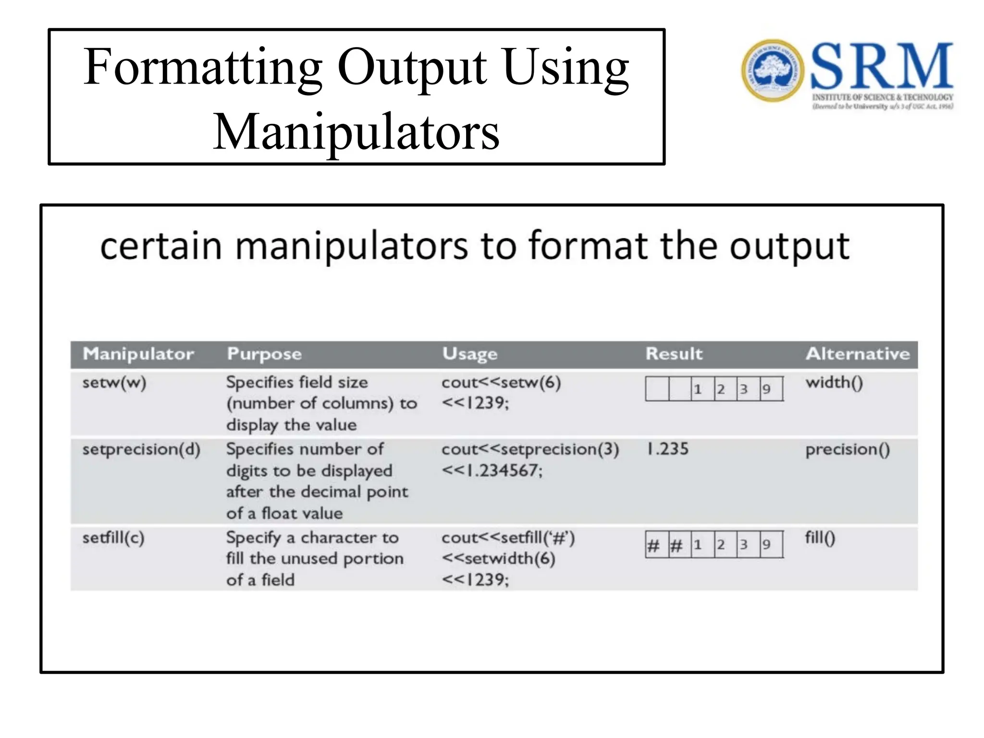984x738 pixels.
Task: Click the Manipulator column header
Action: coord(138,354)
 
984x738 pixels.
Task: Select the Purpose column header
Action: coord(264,354)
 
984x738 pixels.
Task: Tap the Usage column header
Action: coord(470,354)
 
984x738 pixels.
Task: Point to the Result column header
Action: coord(674,354)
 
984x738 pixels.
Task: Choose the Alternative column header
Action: coord(858,354)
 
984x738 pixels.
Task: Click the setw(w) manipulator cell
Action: coord(114,383)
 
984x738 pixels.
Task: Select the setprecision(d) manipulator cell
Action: coord(141,450)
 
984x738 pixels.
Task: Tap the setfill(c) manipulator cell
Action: coord(113,538)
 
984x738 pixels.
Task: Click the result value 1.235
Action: coord(668,449)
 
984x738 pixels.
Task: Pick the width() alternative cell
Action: coord(834,383)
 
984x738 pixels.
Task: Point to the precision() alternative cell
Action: coord(848,450)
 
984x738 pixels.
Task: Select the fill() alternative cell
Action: coord(820,538)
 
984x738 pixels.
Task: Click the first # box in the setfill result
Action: coord(657,545)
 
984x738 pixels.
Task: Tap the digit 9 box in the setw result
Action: coord(771,389)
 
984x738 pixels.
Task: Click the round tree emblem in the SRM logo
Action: coord(772,70)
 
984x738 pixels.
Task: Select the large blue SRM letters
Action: coord(882,66)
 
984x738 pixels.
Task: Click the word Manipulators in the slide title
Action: coord(356,132)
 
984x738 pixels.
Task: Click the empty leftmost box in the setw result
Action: coord(657,389)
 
